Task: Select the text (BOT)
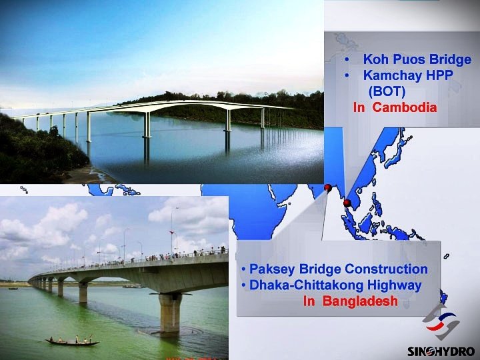[387, 91]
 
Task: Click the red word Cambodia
[405, 107]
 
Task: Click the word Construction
[386, 269]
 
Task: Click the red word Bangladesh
[360, 301]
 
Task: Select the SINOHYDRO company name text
[441, 351]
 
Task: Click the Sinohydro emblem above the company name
[441, 323]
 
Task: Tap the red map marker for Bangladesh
[328, 187]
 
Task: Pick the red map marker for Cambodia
[347, 203]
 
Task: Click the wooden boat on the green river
[72, 341]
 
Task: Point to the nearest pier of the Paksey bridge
[170, 313]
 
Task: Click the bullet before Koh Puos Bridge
[347, 59]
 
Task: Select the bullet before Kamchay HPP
[347, 75]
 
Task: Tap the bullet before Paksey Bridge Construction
[243, 269]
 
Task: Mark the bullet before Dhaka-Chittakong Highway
[243, 285]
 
